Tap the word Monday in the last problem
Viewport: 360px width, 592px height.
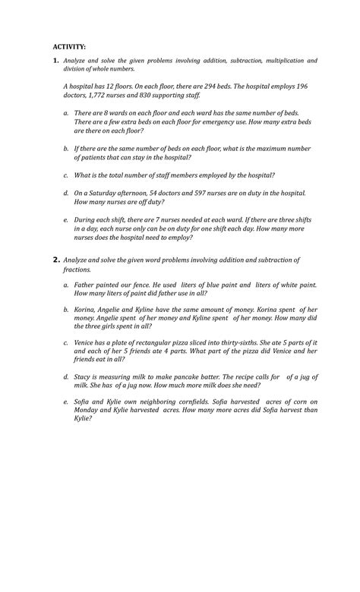click(x=88, y=410)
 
